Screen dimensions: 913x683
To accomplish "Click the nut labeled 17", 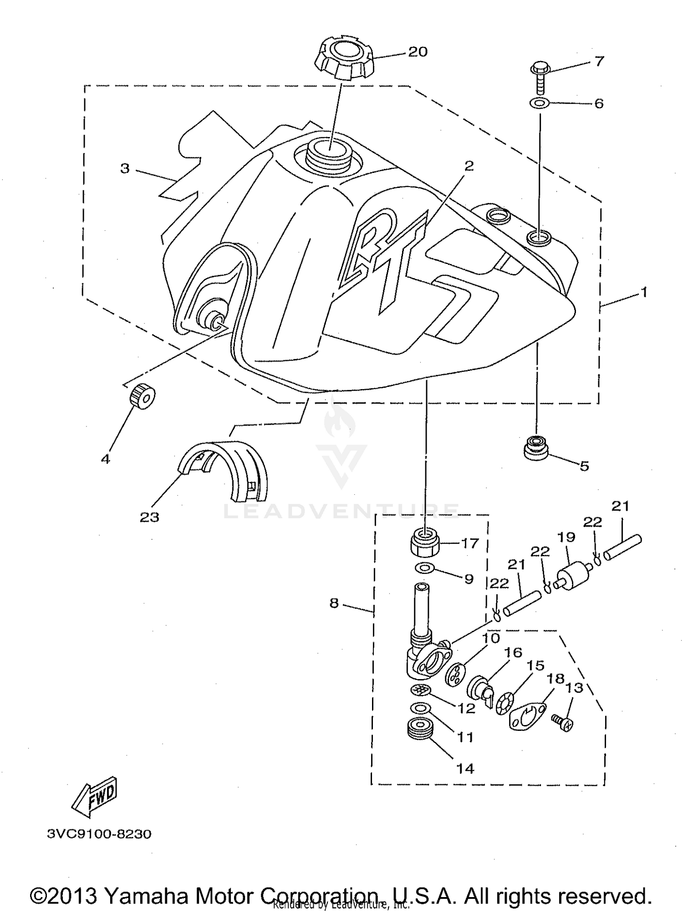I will [426, 541].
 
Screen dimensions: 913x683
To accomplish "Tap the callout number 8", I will [334, 604].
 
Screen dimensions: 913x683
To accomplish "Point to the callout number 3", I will [125, 168].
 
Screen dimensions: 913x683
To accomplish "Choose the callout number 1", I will [643, 292].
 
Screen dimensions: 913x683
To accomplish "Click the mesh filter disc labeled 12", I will [420, 690].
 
